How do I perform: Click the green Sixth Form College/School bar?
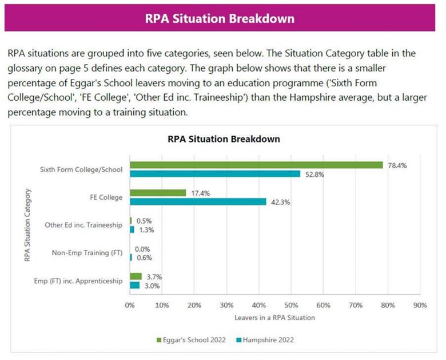(256, 165)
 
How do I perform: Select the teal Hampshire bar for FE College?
(198, 201)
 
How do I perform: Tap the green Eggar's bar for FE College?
(158, 193)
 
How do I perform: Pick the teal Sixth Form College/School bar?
(215, 174)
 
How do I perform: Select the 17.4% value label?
(201, 193)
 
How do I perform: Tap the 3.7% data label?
(155, 276)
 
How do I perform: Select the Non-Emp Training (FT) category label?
(87, 253)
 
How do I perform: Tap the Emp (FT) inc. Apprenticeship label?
(83, 280)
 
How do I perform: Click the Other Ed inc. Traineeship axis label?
(84, 225)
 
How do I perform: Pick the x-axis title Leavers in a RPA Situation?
(274, 317)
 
